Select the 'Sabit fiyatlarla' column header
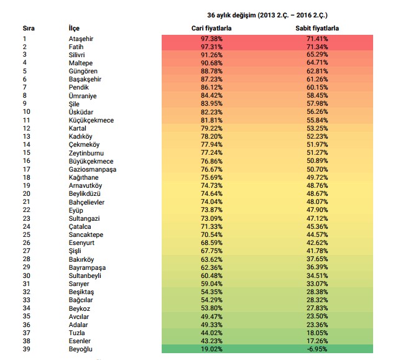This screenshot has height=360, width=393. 318,29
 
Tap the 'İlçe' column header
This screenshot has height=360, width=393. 74,29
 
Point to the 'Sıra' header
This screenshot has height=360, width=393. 29,29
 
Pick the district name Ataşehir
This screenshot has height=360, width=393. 81,39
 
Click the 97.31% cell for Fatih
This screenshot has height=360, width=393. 213,47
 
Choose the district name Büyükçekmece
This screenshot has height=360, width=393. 91,161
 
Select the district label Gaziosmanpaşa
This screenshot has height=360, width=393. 93,169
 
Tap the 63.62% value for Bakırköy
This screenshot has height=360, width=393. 213,259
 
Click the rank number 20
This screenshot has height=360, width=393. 26,193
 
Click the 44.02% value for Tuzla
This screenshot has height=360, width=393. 213,332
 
